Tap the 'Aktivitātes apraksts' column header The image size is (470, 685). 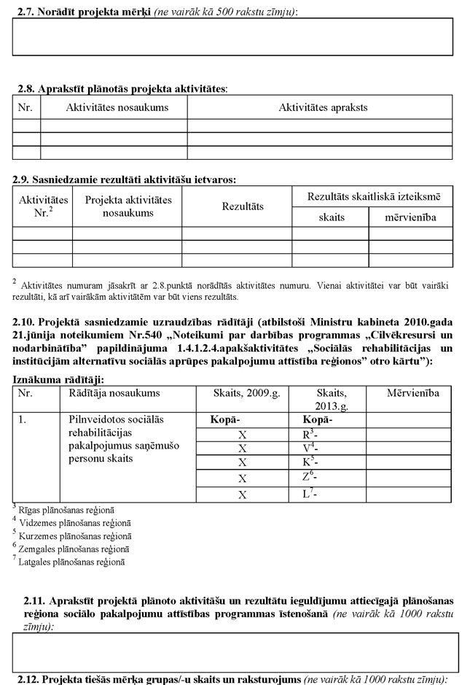coord(323,107)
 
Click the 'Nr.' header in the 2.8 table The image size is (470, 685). coord(26,107)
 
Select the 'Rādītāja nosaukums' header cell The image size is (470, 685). coord(114,392)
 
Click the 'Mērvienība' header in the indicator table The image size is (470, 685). coord(412,392)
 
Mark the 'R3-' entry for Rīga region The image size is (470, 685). coord(309,435)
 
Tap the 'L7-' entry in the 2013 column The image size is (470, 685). coord(309,495)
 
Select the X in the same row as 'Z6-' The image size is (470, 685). coord(243,479)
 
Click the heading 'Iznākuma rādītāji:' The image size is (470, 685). coord(58,379)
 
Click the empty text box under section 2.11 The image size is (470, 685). coord(235,652)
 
